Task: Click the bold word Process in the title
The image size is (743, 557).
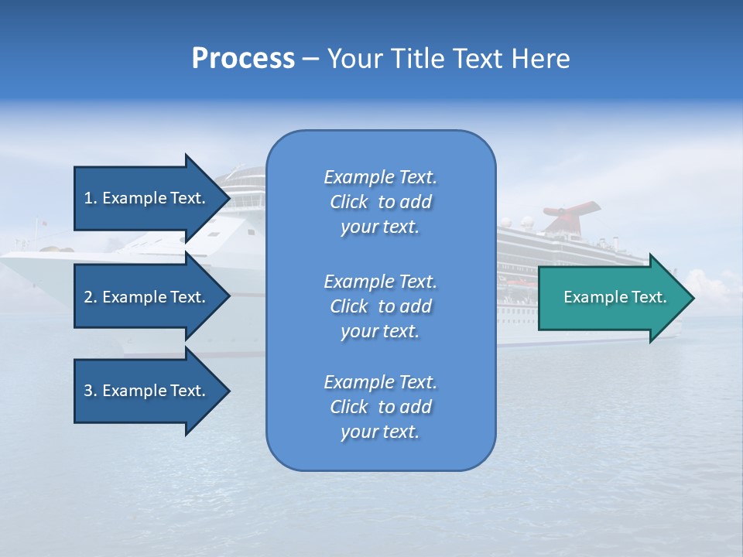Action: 243,59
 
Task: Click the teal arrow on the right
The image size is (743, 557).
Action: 611,297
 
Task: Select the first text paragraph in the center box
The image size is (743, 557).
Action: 380,202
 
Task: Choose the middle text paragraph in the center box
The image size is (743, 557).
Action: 380,306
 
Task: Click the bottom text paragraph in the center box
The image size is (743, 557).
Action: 380,407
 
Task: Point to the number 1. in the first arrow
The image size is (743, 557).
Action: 91,198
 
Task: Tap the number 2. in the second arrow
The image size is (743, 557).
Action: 91,297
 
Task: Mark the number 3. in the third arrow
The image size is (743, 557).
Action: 91,391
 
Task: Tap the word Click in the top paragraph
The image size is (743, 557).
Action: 349,202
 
